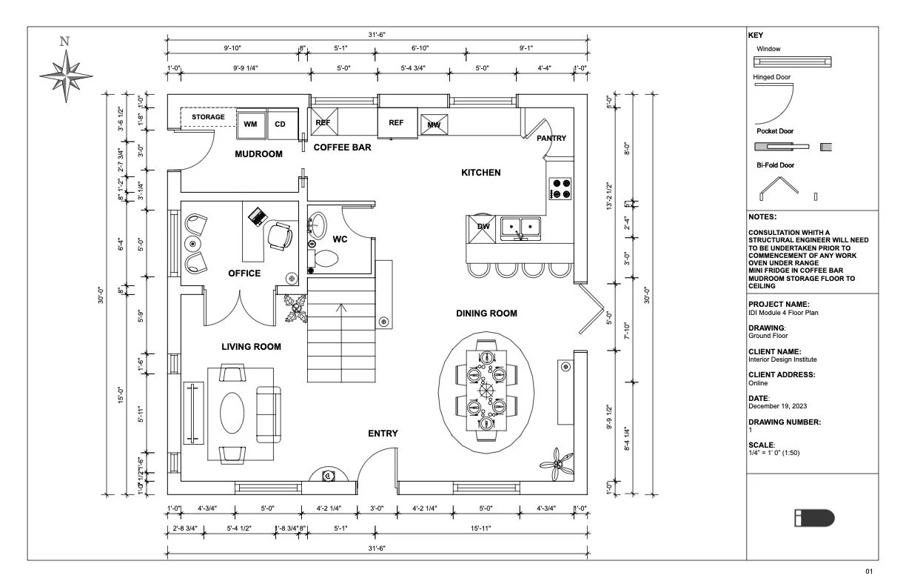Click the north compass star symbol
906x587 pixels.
coord(66,76)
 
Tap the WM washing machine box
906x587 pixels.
coord(250,124)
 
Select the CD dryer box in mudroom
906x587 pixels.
coord(280,124)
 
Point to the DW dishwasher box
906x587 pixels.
coord(483,228)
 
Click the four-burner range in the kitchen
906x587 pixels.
coord(560,188)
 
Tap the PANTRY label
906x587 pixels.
coord(551,138)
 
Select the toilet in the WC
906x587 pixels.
coord(325,259)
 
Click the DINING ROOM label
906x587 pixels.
coord(486,314)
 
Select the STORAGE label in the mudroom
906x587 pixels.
coord(208,117)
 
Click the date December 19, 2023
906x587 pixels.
coord(774,406)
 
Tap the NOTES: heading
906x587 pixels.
coord(762,217)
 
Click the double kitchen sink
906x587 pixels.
coord(521,228)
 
